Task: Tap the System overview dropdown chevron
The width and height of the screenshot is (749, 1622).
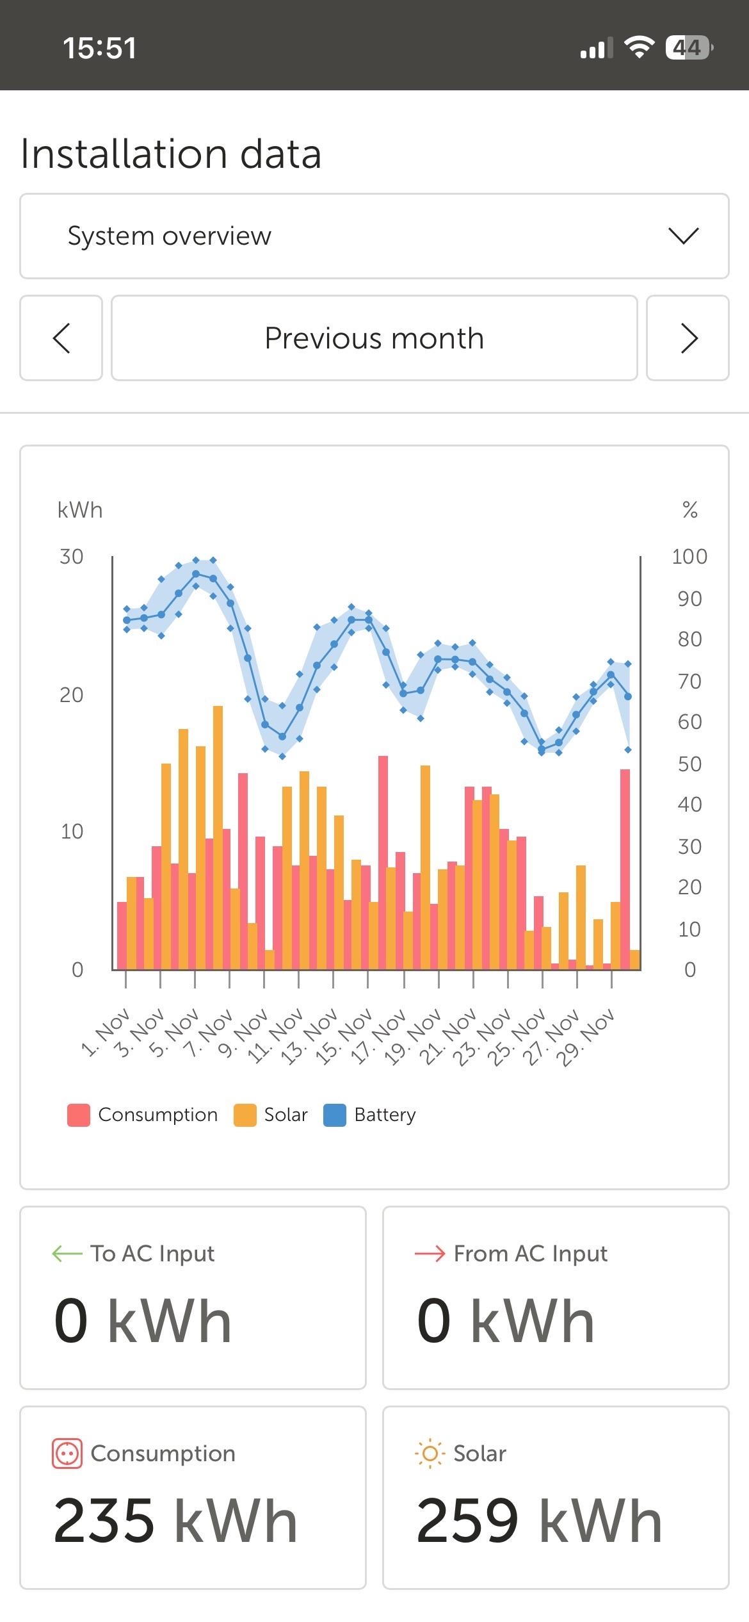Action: point(683,236)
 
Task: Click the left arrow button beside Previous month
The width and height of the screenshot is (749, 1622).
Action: point(61,338)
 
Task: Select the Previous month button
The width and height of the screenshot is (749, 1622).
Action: point(374,338)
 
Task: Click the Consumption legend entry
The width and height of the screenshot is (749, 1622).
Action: point(143,1115)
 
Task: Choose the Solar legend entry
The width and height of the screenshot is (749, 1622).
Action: point(271,1115)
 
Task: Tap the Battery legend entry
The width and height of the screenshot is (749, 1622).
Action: point(370,1115)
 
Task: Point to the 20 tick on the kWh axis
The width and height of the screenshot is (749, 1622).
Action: point(71,695)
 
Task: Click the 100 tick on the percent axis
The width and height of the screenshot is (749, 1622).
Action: point(689,557)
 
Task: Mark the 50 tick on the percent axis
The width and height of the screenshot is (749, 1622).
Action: point(689,764)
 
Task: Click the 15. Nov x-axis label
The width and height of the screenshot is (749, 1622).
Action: point(337,1036)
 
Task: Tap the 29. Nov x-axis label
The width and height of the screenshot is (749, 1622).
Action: point(584,1036)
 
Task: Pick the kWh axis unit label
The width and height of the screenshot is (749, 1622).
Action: point(80,510)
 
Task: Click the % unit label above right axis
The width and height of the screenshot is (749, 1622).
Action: point(689,510)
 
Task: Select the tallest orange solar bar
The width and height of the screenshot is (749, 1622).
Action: point(218,833)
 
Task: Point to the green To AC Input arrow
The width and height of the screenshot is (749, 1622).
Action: point(67,1254)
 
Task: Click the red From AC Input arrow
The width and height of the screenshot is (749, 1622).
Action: point(430,1254)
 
